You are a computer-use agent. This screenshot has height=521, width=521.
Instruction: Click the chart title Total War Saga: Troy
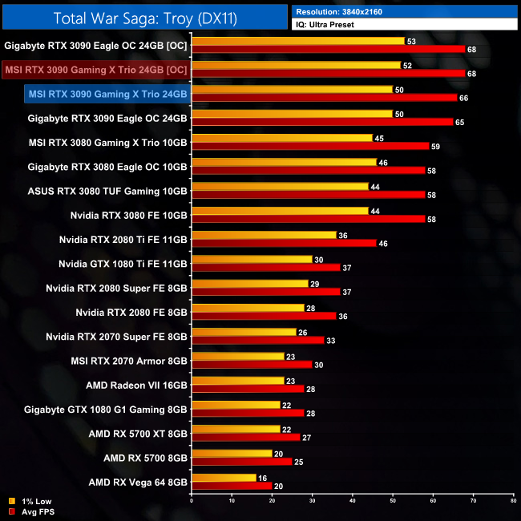pyautogui.click(x=144, y=18)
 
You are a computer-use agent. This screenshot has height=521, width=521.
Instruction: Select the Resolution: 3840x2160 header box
pyautogui.click(x=405, y=11)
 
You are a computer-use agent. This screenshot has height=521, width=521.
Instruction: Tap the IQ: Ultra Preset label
pyautogui.click(x=405, y=25)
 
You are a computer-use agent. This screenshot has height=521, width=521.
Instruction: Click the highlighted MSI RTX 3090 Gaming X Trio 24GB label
pyautogui.click(x=107, y=95)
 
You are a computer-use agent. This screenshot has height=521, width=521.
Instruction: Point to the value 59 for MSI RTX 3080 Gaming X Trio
pyautogui.click(x=436, y=147)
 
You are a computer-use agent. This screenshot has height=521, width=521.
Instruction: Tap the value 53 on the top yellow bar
pyautogui.click(x=411, y=41)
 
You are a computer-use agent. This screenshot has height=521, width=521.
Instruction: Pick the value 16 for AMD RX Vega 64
pyautogui.click(x=262, y=477)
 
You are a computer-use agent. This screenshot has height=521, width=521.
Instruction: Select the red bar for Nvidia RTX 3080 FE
pyautogui.click(x=309, y=219)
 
